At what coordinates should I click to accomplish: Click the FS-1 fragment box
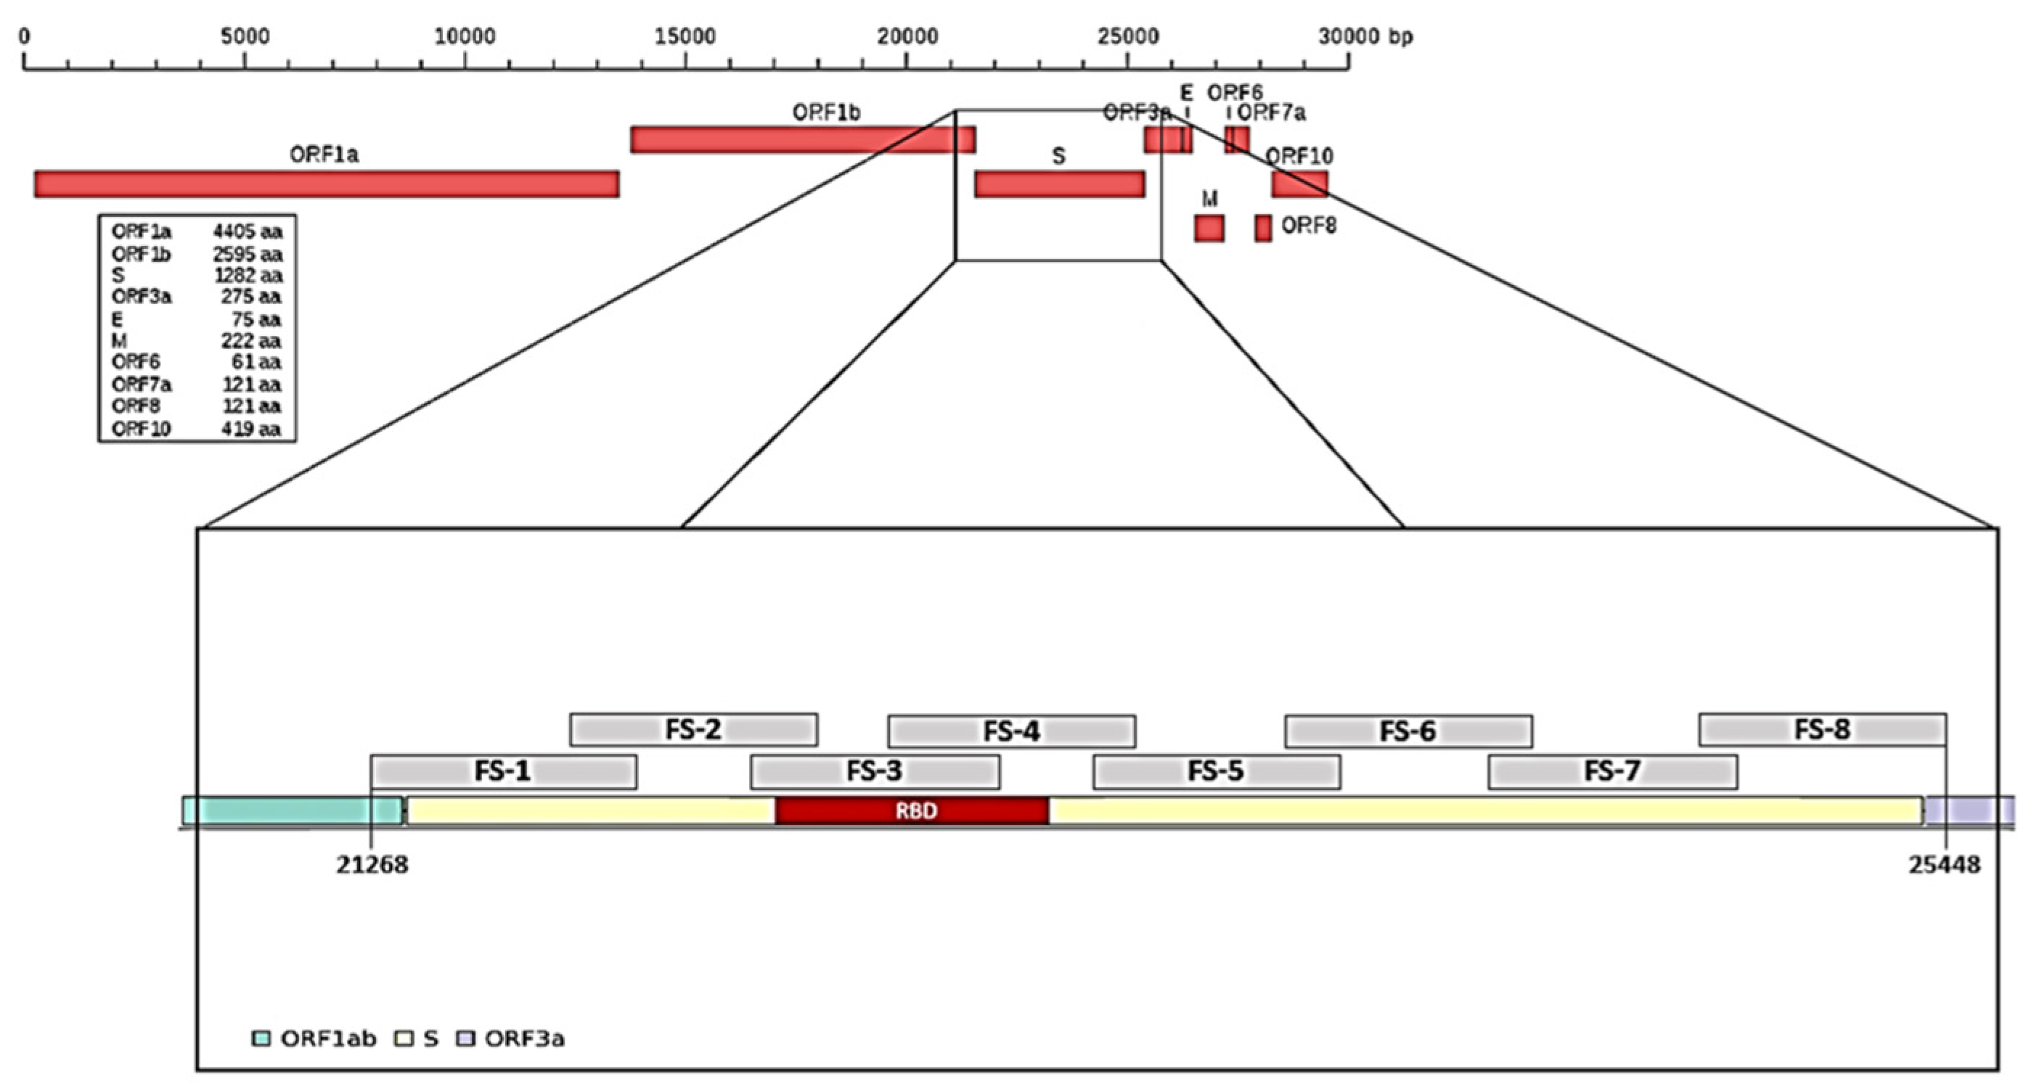click(x=504, y=771)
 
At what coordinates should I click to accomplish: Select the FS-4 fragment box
click(x=1012, y=731)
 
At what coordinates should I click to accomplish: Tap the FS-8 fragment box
click(x=1822, y=729)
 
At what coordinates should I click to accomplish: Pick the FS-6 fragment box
click(x=1408, y=731)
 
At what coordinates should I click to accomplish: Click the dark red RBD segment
click(x=912, y=811)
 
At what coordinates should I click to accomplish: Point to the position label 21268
click(x=372, y=864)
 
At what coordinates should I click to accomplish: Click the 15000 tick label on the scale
click(x=685, y=36)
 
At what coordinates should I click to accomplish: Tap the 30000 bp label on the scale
click(x=1365, y=36)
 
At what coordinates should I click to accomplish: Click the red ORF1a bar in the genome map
click(x=327, y=184)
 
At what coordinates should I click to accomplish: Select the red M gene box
click(x=1209, y=229)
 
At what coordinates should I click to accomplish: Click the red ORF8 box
click(x=1263, y=229)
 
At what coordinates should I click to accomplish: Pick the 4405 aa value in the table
click(x=247, y=231)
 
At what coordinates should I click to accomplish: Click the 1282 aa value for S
click(x=248, y=275)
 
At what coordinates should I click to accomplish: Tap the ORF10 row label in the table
click(x=141, y=429)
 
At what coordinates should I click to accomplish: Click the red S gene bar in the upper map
click(x=1060, y=184)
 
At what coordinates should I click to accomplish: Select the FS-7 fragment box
click(x=1612, y=771)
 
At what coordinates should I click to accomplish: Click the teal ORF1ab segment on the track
click(x=292, y=811)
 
